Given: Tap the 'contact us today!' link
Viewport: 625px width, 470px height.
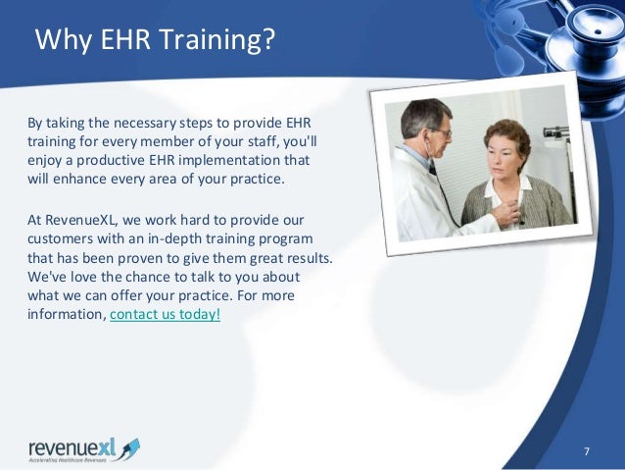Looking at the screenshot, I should pyautogui.click(x=165, y=314).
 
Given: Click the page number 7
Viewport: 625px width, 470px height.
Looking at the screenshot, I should pyautogui.click(x=586, y=450).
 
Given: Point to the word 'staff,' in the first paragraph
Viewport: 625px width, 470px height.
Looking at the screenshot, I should pyautogui.click(x=270, y=143).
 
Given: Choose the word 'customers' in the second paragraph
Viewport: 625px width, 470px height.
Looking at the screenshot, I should pyautogui.click(x=61, y=239).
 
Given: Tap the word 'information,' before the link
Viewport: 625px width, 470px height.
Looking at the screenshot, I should pyautogui.click(x=67, y=314).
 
